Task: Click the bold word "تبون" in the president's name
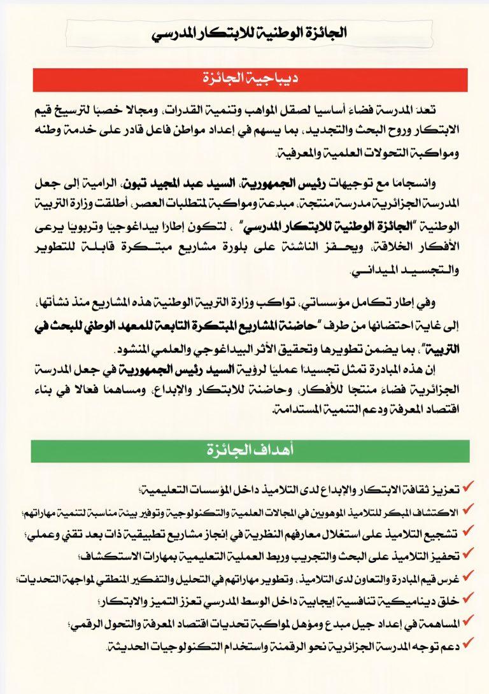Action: coord(273,184)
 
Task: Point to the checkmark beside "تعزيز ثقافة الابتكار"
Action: coord(469,486)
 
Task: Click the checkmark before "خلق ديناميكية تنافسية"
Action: coord(469,599)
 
